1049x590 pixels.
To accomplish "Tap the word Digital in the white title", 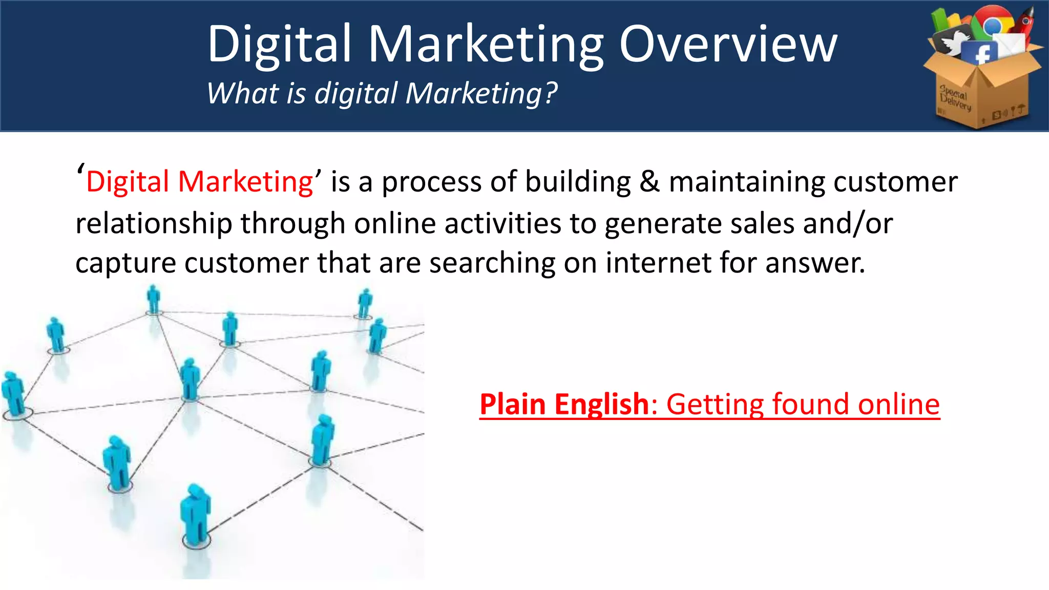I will point(280,45).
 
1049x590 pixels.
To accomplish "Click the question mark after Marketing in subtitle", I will point(551,93).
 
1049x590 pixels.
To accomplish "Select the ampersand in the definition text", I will point(649,182).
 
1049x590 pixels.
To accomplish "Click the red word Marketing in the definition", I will point(245,182).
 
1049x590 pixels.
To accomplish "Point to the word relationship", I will point(154,223).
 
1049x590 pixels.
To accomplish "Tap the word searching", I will point(492,263).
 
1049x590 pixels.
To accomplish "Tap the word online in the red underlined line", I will point(898,404).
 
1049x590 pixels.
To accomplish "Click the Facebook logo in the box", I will point(980,53).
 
